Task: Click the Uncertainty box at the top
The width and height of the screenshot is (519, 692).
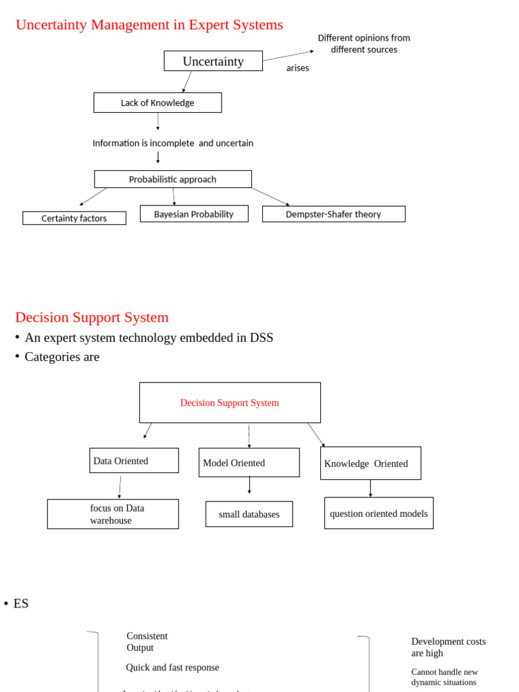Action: (213, 61)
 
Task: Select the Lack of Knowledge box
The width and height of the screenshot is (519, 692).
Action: (157, 103)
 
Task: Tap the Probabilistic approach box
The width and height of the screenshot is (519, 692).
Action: (173, 179)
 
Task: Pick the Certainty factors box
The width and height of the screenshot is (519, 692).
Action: (74, 218)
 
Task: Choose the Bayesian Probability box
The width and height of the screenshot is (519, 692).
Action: (194, 214)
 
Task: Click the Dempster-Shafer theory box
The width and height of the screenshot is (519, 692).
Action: (334, 214)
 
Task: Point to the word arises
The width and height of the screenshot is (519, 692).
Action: (297, 68)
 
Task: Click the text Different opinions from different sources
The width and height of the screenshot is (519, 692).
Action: (364, 44)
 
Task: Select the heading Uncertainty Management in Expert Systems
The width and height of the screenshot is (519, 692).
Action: (149, 25)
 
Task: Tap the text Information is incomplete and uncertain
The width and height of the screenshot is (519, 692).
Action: (173, 143)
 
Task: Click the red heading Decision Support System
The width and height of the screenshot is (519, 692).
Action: (92, 317)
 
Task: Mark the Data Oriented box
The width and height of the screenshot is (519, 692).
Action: (134, 461)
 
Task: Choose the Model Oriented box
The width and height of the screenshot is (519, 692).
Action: (249, 463)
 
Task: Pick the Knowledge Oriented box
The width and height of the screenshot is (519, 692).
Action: (370, 464)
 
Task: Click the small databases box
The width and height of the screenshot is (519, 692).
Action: (249, 514)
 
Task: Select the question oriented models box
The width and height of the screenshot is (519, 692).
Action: (378, 514)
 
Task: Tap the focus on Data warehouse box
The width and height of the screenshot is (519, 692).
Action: (113, 514)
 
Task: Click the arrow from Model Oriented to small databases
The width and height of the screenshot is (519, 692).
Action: (249, 485)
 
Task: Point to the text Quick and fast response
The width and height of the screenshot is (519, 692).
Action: (172, 668)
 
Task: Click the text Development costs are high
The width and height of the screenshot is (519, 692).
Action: (448, 647)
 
